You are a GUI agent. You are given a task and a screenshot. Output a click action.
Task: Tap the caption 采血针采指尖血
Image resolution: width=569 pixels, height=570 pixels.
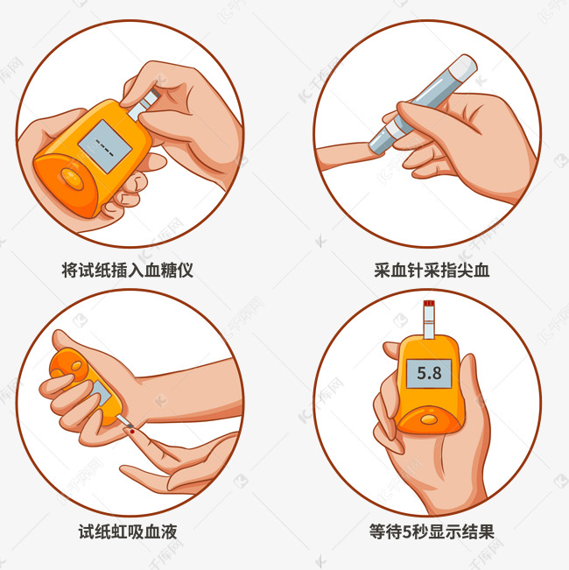click(x=432, y=270)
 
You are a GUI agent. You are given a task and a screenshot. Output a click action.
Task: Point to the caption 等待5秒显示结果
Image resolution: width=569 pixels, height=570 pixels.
click(x=432, y=531)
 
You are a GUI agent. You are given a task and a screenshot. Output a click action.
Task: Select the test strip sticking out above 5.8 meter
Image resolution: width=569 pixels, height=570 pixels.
click(x=428, y=319)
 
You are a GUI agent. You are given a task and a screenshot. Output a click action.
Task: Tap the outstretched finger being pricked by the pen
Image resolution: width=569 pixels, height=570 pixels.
click(x=346, y=157)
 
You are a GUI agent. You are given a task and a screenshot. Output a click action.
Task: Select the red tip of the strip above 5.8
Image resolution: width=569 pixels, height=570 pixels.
click(x=428, y=304)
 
